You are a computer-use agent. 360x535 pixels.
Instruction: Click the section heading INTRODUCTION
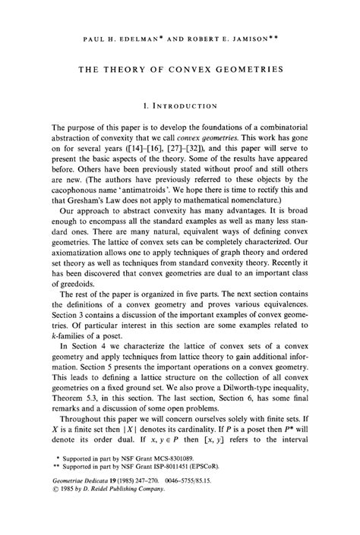tap(185, 106)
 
